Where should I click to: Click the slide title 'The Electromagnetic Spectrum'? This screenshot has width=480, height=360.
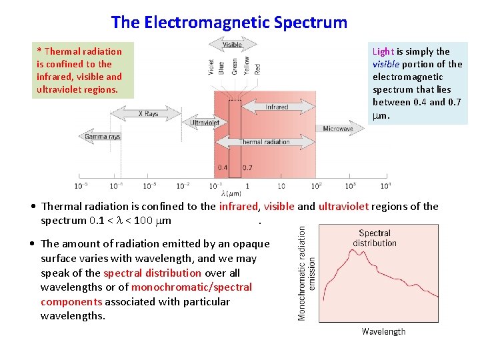(229, 22)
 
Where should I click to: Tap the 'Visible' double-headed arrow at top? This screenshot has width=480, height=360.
(232, 45)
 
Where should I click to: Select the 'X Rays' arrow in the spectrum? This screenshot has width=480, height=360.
(149, 114)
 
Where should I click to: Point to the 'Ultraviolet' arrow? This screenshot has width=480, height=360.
(205, 123)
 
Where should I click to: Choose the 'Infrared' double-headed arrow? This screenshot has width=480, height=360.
(277, 107)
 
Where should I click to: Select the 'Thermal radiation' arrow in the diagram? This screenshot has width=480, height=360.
(265, 141)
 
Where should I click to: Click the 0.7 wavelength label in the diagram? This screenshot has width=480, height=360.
(247, 167)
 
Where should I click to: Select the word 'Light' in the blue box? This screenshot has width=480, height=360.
(383, 51)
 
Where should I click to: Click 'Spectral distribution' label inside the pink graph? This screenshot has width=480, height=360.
(375, 238)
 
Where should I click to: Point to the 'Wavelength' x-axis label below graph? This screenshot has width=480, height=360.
(383, 331)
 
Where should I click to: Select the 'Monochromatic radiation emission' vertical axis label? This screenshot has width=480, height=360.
(307, 273)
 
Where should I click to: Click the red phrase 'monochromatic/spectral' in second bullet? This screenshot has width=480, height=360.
(191, 287)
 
